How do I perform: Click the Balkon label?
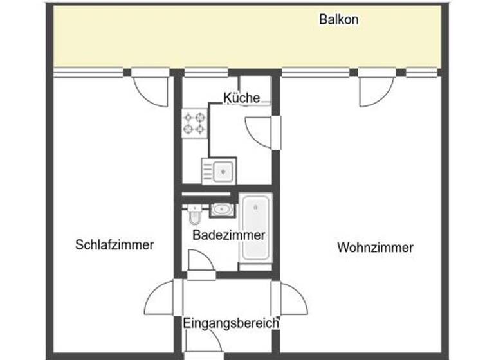pyautogui.click(x=338, y=19)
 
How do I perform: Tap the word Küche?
pyautogui.click(x=242, y=98)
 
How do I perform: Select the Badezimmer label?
pyautogui.click(x=228, y=235)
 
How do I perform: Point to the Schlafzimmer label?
pyautogui.click(x=114, y=245)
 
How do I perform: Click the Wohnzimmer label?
pyautogui.click(x=375, y=248)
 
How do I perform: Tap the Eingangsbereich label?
pyautogui.click(x=231, y=323)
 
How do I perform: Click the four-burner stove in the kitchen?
pyautogui.click(x=195, y=123)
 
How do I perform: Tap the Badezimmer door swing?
pyautogui.click(x=199, y=261)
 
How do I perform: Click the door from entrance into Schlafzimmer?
pyautogui.click(x=161, y=298)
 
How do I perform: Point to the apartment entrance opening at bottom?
pyautogui.click(x=201, y=355)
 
